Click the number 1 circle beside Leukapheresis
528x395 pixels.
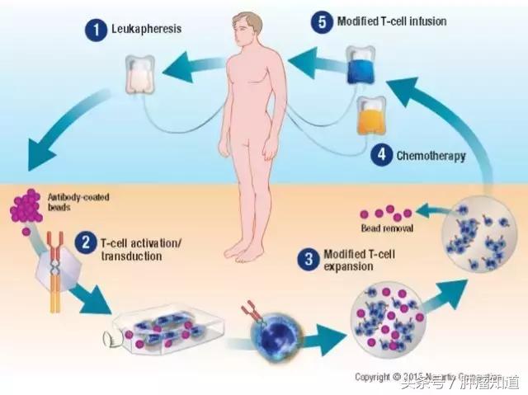pos(96,31)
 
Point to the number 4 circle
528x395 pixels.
pos(381,154)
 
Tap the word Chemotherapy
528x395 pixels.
pos(431,155)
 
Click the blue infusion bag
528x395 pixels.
pos(361,65)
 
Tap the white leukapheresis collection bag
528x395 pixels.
pos(142,74)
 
